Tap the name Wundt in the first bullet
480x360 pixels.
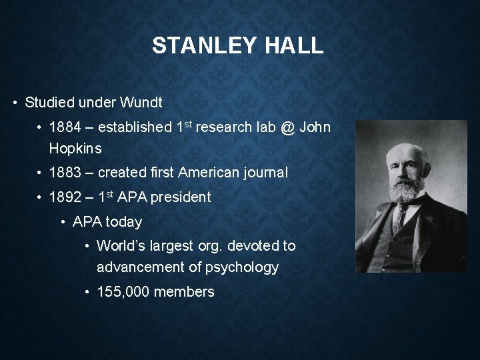click(141, 103)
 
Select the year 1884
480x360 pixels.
click(66, 127)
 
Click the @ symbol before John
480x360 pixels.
click(287, 127)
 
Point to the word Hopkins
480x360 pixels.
click(75, 148)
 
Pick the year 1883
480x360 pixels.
click(66, 173)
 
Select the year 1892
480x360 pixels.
click(66, 197)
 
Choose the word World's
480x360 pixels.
click(121, 246)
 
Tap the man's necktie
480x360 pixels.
click(401, 217)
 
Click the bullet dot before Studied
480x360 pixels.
click(15, 103)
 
